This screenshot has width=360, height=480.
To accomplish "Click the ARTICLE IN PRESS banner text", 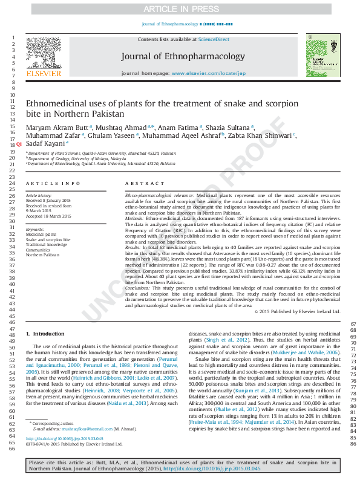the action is coord(180,9).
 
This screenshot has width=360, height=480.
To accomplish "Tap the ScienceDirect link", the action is coord(214,39).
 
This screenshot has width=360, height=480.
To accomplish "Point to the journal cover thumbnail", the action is coord(318,56).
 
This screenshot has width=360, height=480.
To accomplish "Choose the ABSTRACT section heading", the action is coord(142,183).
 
